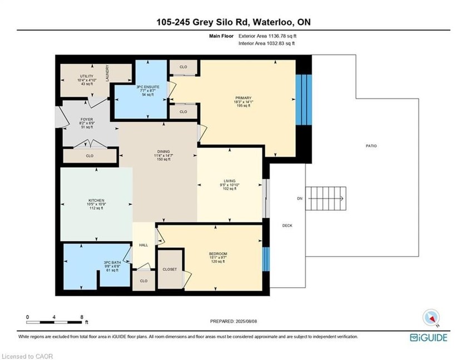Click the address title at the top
[x=233, y=22]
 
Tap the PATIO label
[x=371, y=146]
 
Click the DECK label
[x=287, y=225]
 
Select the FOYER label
[x=86, y=118]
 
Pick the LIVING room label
[x=230, y=181]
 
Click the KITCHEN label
[x=96, y=201]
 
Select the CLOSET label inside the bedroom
[x=171, y=269]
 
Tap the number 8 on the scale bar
[x=82, y=317]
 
